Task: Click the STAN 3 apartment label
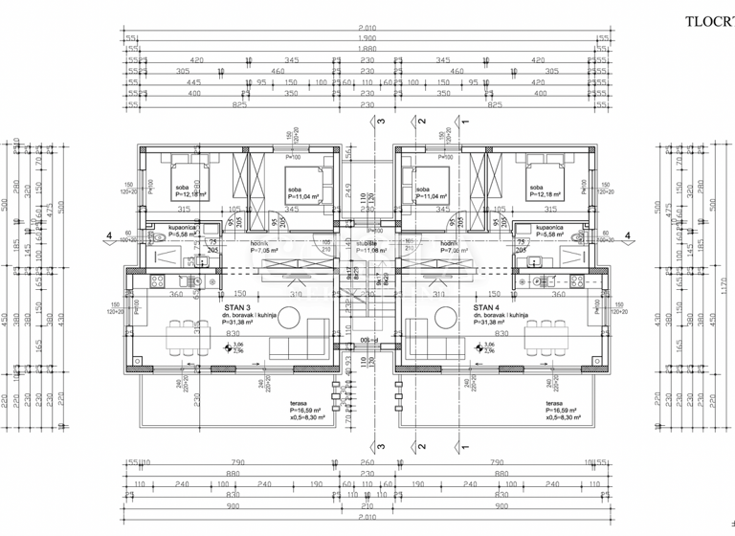pos(234,307)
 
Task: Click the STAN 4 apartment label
pos(485,307)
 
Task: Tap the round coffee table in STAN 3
pos(290,318)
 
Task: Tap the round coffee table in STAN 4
pos(446,318)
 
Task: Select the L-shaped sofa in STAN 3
pos(292,346)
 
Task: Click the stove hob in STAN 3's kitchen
pos(159,281)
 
